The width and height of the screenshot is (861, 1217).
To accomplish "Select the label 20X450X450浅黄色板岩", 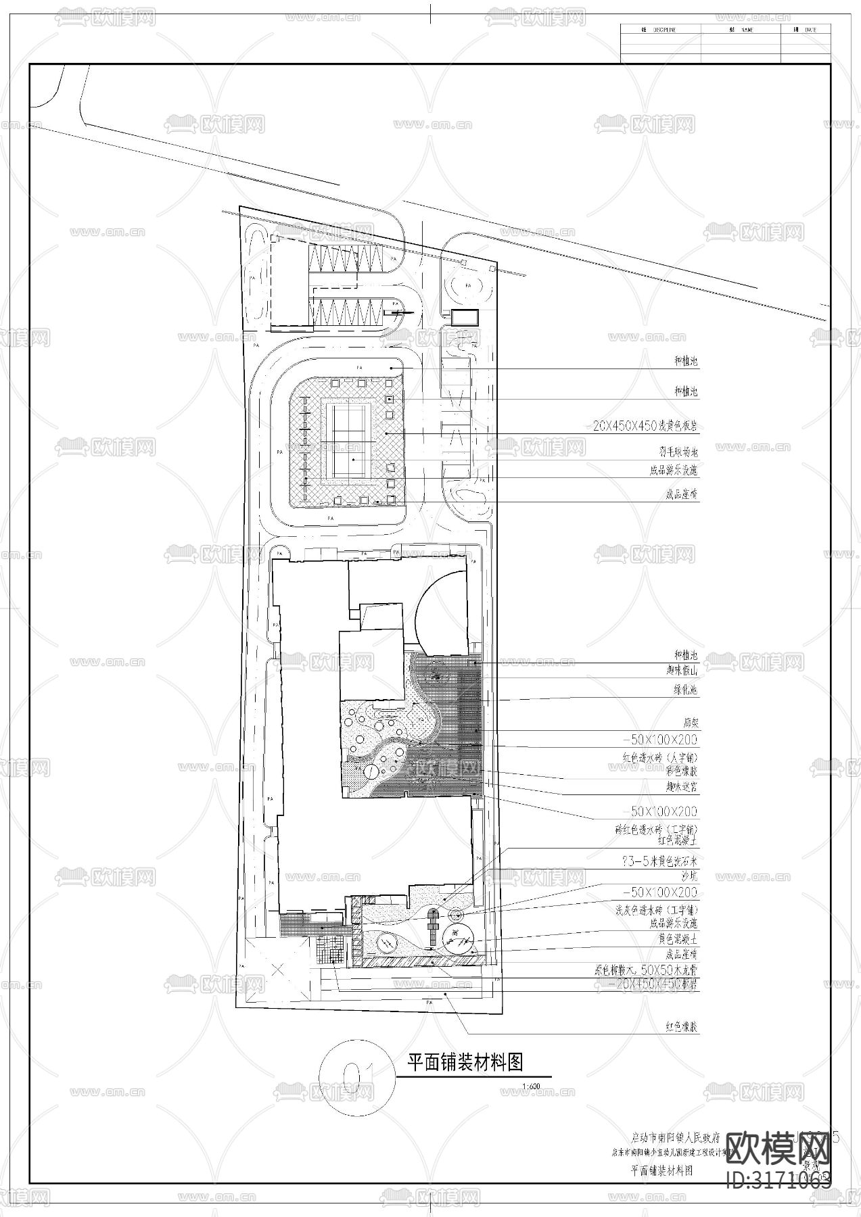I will pos(645,426).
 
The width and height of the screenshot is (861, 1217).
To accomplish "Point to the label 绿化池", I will pos(684,690).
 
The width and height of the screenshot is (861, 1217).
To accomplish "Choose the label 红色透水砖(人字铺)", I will pos(659,757).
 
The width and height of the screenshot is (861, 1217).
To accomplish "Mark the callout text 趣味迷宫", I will pos(681,787).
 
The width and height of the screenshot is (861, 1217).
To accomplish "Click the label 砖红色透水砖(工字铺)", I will pos(655,829).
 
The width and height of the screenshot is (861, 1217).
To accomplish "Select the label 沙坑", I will pos(689,876).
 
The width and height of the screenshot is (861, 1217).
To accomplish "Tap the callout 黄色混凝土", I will pos(678,939).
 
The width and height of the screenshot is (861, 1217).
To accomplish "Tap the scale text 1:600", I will pos(531,1087).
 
